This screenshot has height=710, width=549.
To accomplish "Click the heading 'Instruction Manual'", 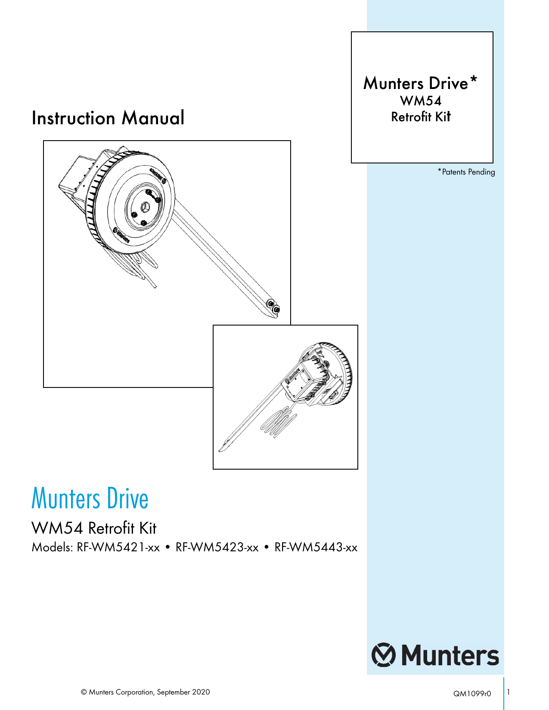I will (108, 118).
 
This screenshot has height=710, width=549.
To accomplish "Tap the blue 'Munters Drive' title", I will (90, 498).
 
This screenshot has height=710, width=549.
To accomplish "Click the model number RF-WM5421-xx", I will (118, 547).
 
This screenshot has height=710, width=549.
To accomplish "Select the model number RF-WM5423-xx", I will (217, 547).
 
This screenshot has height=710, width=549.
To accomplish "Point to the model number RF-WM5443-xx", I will (316, 547).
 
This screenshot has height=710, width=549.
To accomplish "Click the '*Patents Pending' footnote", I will (466, 172).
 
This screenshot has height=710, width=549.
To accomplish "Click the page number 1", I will (509, 692).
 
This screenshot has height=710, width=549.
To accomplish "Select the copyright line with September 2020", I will (146, 692).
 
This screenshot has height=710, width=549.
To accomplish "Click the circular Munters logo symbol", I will (384, 655).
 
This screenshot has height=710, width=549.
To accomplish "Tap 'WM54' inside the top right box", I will (421, 101).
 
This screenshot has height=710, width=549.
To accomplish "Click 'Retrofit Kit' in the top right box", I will (421, 117).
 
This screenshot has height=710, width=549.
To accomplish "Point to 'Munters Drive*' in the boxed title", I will (420, 83).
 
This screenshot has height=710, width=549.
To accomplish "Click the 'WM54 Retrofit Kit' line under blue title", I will (94, 528).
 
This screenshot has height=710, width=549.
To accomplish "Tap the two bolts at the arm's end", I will (273, 307).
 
